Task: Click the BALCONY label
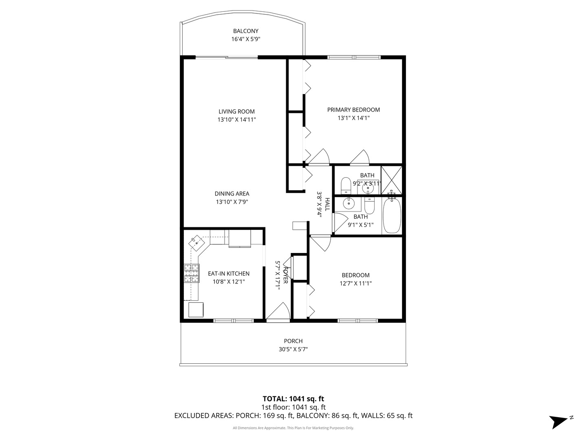tap(245, 31)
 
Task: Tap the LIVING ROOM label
tap(236, 111)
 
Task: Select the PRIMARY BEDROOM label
tap(353, 110)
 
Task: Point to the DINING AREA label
tap(232, 194)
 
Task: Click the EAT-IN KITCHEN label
tap(229, 273)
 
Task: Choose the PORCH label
tap(293, 341)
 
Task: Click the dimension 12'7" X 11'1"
tap(356, 283)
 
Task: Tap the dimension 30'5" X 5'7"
tap(293, 349)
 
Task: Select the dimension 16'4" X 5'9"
tap(245, 39)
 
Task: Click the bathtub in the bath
tap(392, 216)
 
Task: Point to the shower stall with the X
tap(391, 180)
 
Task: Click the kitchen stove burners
tap(192, 273)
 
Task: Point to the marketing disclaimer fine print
tap(293, 428)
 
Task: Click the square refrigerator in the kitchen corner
tap(196, 310)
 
